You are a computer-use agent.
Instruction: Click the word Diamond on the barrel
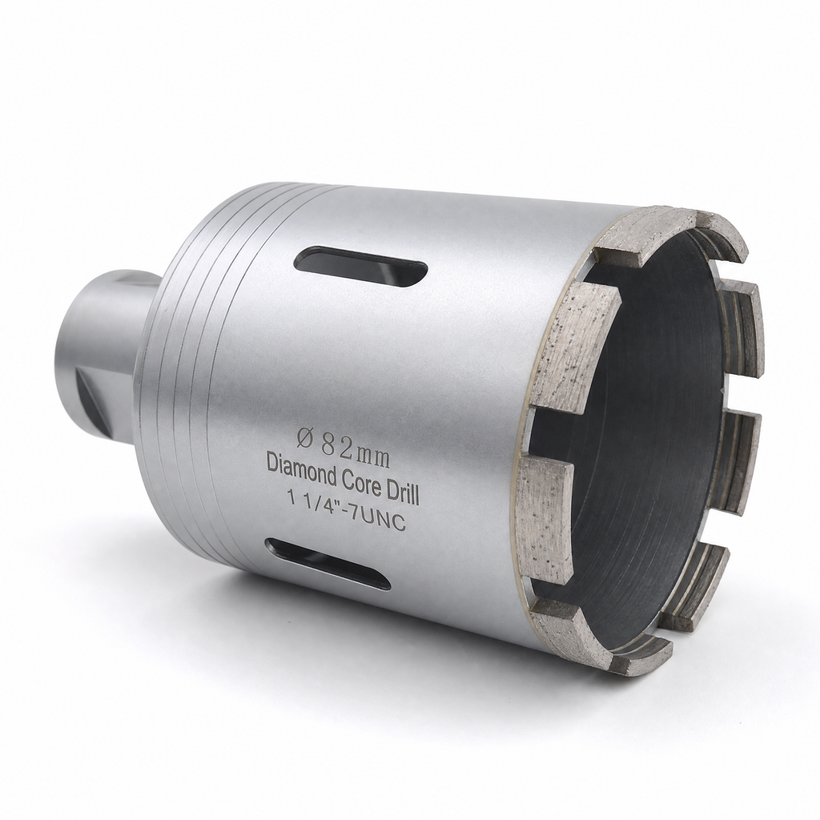(299, 465)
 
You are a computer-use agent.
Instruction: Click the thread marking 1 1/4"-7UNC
(347, 510)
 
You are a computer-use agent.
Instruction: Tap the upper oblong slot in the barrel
(361, 267)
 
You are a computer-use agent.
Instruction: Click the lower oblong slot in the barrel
(328, 564)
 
